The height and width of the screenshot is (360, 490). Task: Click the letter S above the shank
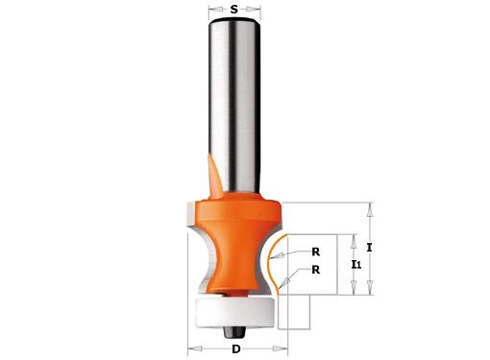[x=234, y=10]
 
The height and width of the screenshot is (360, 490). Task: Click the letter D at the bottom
[x=236, y=349]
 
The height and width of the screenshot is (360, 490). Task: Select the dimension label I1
[x=356, y=264]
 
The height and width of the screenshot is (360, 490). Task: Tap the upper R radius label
[x=316, y=252]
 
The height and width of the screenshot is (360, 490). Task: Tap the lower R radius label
[x=316, y=270]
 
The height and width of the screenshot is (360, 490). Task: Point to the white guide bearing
[x=235, y=311]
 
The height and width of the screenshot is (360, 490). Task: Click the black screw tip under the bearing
[x=234, y=332]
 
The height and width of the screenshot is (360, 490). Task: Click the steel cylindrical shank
[x=234, y=106]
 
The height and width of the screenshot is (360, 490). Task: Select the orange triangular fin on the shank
[x=215, y=176]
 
